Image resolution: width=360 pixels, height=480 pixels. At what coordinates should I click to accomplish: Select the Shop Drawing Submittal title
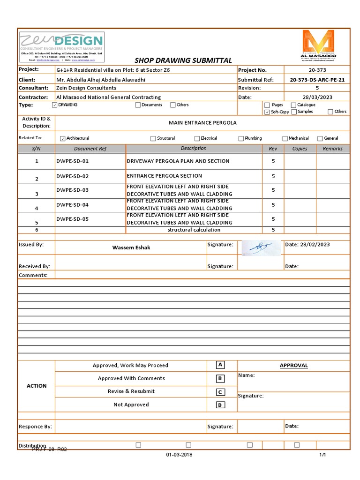pos(183,60)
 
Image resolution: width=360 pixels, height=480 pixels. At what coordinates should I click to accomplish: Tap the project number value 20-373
pos(317,70)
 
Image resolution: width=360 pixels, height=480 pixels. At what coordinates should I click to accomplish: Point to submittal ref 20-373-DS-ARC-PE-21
pos(317,80)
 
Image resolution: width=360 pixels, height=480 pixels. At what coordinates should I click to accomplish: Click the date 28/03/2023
pos(317,97)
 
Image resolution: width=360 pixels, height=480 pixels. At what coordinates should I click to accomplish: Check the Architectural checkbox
pos(63,139)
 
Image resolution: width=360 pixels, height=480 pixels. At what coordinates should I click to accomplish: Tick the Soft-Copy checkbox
pos(267,112)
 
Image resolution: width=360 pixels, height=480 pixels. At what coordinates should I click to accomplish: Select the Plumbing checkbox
pos(241,139)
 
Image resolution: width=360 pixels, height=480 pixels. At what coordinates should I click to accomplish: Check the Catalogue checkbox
pos(293,105)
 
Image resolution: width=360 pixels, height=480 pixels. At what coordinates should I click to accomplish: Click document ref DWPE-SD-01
pos(72,161)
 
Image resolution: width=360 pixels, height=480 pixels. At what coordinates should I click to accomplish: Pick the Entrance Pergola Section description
pos(165,176)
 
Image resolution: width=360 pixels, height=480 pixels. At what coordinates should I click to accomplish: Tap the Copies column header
pos(300,149)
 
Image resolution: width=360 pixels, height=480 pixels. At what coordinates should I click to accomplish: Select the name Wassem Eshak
pos(131,247)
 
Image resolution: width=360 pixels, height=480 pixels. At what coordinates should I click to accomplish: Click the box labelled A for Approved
pos(220,365)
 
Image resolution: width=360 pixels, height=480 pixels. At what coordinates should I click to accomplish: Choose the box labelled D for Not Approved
pos(220,405)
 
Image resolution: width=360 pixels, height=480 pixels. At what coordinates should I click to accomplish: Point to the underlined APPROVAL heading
pos(293,365)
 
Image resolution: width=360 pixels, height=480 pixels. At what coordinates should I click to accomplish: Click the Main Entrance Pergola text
pos(202,123)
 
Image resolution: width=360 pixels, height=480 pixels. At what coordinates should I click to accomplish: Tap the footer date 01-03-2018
pos(179,455)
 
